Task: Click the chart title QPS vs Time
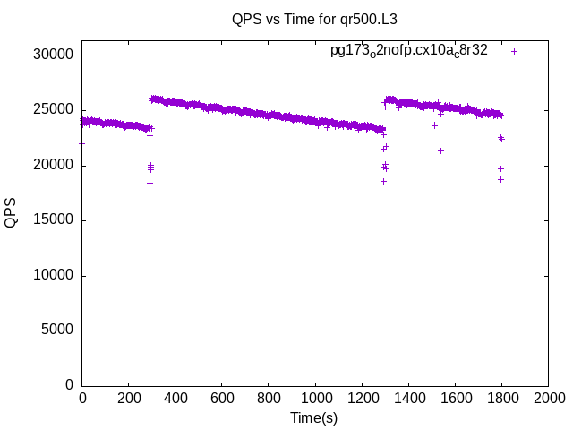(x=312, y=18)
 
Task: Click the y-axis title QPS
(x=11, y=212)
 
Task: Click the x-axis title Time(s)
(x=314, y=417)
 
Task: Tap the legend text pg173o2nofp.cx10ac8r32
(x=409, y=51)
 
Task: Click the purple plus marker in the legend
(x=514, y=51)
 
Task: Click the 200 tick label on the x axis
(x=129, y=399)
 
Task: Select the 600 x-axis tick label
(x=222, y=399)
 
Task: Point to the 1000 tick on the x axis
(x=315, y=399)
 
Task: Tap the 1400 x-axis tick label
(x=408, y=399)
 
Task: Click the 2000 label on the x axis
(x=548, y=399)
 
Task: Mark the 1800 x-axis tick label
(x=501, y=399)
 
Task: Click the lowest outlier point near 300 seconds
(x=150, y=183)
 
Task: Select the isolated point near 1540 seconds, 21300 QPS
(x=440, y=150)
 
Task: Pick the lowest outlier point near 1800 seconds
(x=501, y=179)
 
